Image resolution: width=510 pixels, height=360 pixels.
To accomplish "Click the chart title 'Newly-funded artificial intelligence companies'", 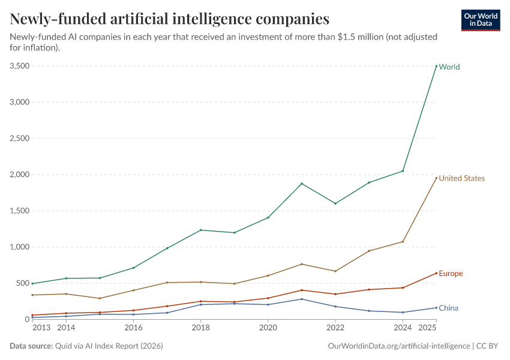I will point(170,19).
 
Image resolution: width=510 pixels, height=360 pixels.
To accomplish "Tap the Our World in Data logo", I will point(481,20).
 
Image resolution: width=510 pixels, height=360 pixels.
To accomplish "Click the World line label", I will point(449,67).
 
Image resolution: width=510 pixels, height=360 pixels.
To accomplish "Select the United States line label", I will point(461,178).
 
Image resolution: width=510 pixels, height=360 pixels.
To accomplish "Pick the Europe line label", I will point(451,274).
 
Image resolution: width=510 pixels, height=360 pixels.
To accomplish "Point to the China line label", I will point(448,308).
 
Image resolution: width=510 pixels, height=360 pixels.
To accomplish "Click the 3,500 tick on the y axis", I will point(19,66).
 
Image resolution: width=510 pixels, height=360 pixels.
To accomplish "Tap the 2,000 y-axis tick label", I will point(19,175).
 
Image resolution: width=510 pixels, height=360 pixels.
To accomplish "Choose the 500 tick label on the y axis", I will point(22,283).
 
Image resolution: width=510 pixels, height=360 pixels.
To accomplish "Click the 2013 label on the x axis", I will point(41,328).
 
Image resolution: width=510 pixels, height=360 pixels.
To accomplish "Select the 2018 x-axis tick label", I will point(200,328).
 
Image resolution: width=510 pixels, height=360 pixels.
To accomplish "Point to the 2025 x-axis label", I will point(427,328).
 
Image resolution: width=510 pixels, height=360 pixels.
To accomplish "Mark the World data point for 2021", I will point(302,184).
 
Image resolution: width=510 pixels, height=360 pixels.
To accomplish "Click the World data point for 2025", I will point(436,66).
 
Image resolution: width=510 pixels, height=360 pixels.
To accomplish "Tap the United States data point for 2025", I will point(436,178).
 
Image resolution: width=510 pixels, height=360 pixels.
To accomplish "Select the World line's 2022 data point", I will point(335,203).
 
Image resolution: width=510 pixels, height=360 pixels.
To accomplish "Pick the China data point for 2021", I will point(302,299).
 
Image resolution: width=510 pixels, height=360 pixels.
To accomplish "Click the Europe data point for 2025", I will point(436,273).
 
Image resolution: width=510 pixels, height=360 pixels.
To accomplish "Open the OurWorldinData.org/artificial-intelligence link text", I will point(400,346).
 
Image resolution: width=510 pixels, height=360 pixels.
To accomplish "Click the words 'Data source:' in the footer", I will point(31,346).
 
